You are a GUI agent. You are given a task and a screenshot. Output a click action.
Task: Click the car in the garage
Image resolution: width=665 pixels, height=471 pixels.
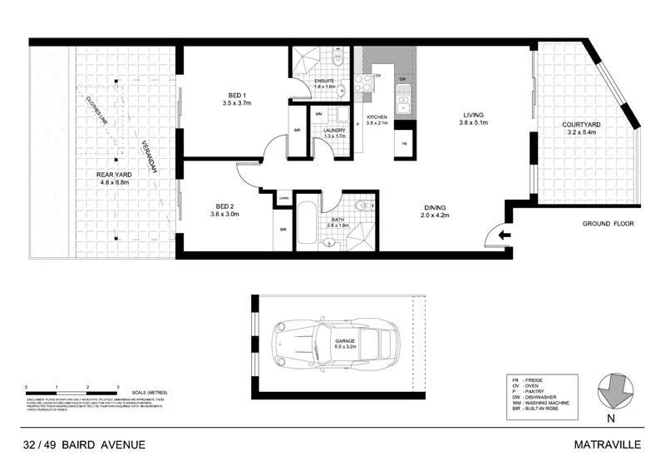tap(337, 343)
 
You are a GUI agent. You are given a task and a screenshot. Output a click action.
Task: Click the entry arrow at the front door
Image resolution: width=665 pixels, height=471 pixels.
tap(504, 236)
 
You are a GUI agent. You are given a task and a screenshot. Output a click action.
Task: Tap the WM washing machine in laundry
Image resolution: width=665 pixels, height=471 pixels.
tap(320, 114)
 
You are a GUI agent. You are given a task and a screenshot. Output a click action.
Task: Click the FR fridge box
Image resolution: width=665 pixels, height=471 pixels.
tap(404, 143)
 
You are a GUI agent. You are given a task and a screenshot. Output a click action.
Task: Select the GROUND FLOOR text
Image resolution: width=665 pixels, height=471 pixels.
tap(607, 224)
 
